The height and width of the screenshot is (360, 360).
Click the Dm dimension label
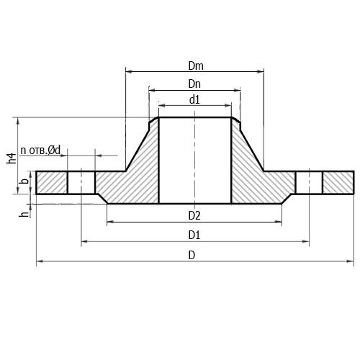[196, 66]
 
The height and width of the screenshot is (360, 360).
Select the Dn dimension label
[194, 84]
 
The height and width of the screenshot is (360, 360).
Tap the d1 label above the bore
[194, 99]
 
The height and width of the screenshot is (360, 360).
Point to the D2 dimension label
[194, 216]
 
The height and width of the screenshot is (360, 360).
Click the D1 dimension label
[194, 235]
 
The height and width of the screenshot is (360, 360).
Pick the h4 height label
[12, 158]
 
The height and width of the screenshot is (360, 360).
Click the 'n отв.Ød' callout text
[40, 150]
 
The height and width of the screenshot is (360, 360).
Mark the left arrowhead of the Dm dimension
[129, 71]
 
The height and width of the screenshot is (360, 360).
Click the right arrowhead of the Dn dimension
[238, 90]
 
